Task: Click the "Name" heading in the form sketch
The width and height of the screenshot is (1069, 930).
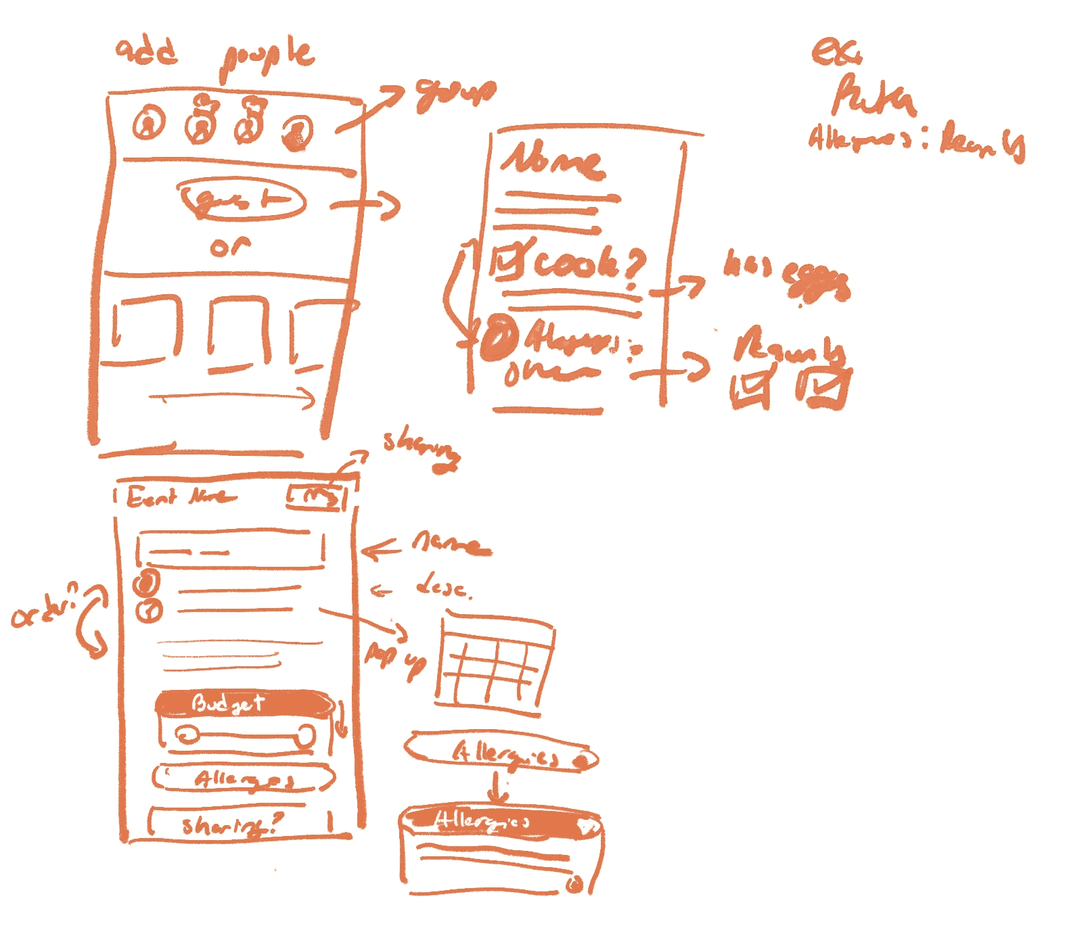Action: coord(551,161)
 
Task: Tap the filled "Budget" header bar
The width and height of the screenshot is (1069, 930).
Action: coord(244,703)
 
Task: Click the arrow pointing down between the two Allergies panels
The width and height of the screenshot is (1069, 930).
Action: coord(498,788)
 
